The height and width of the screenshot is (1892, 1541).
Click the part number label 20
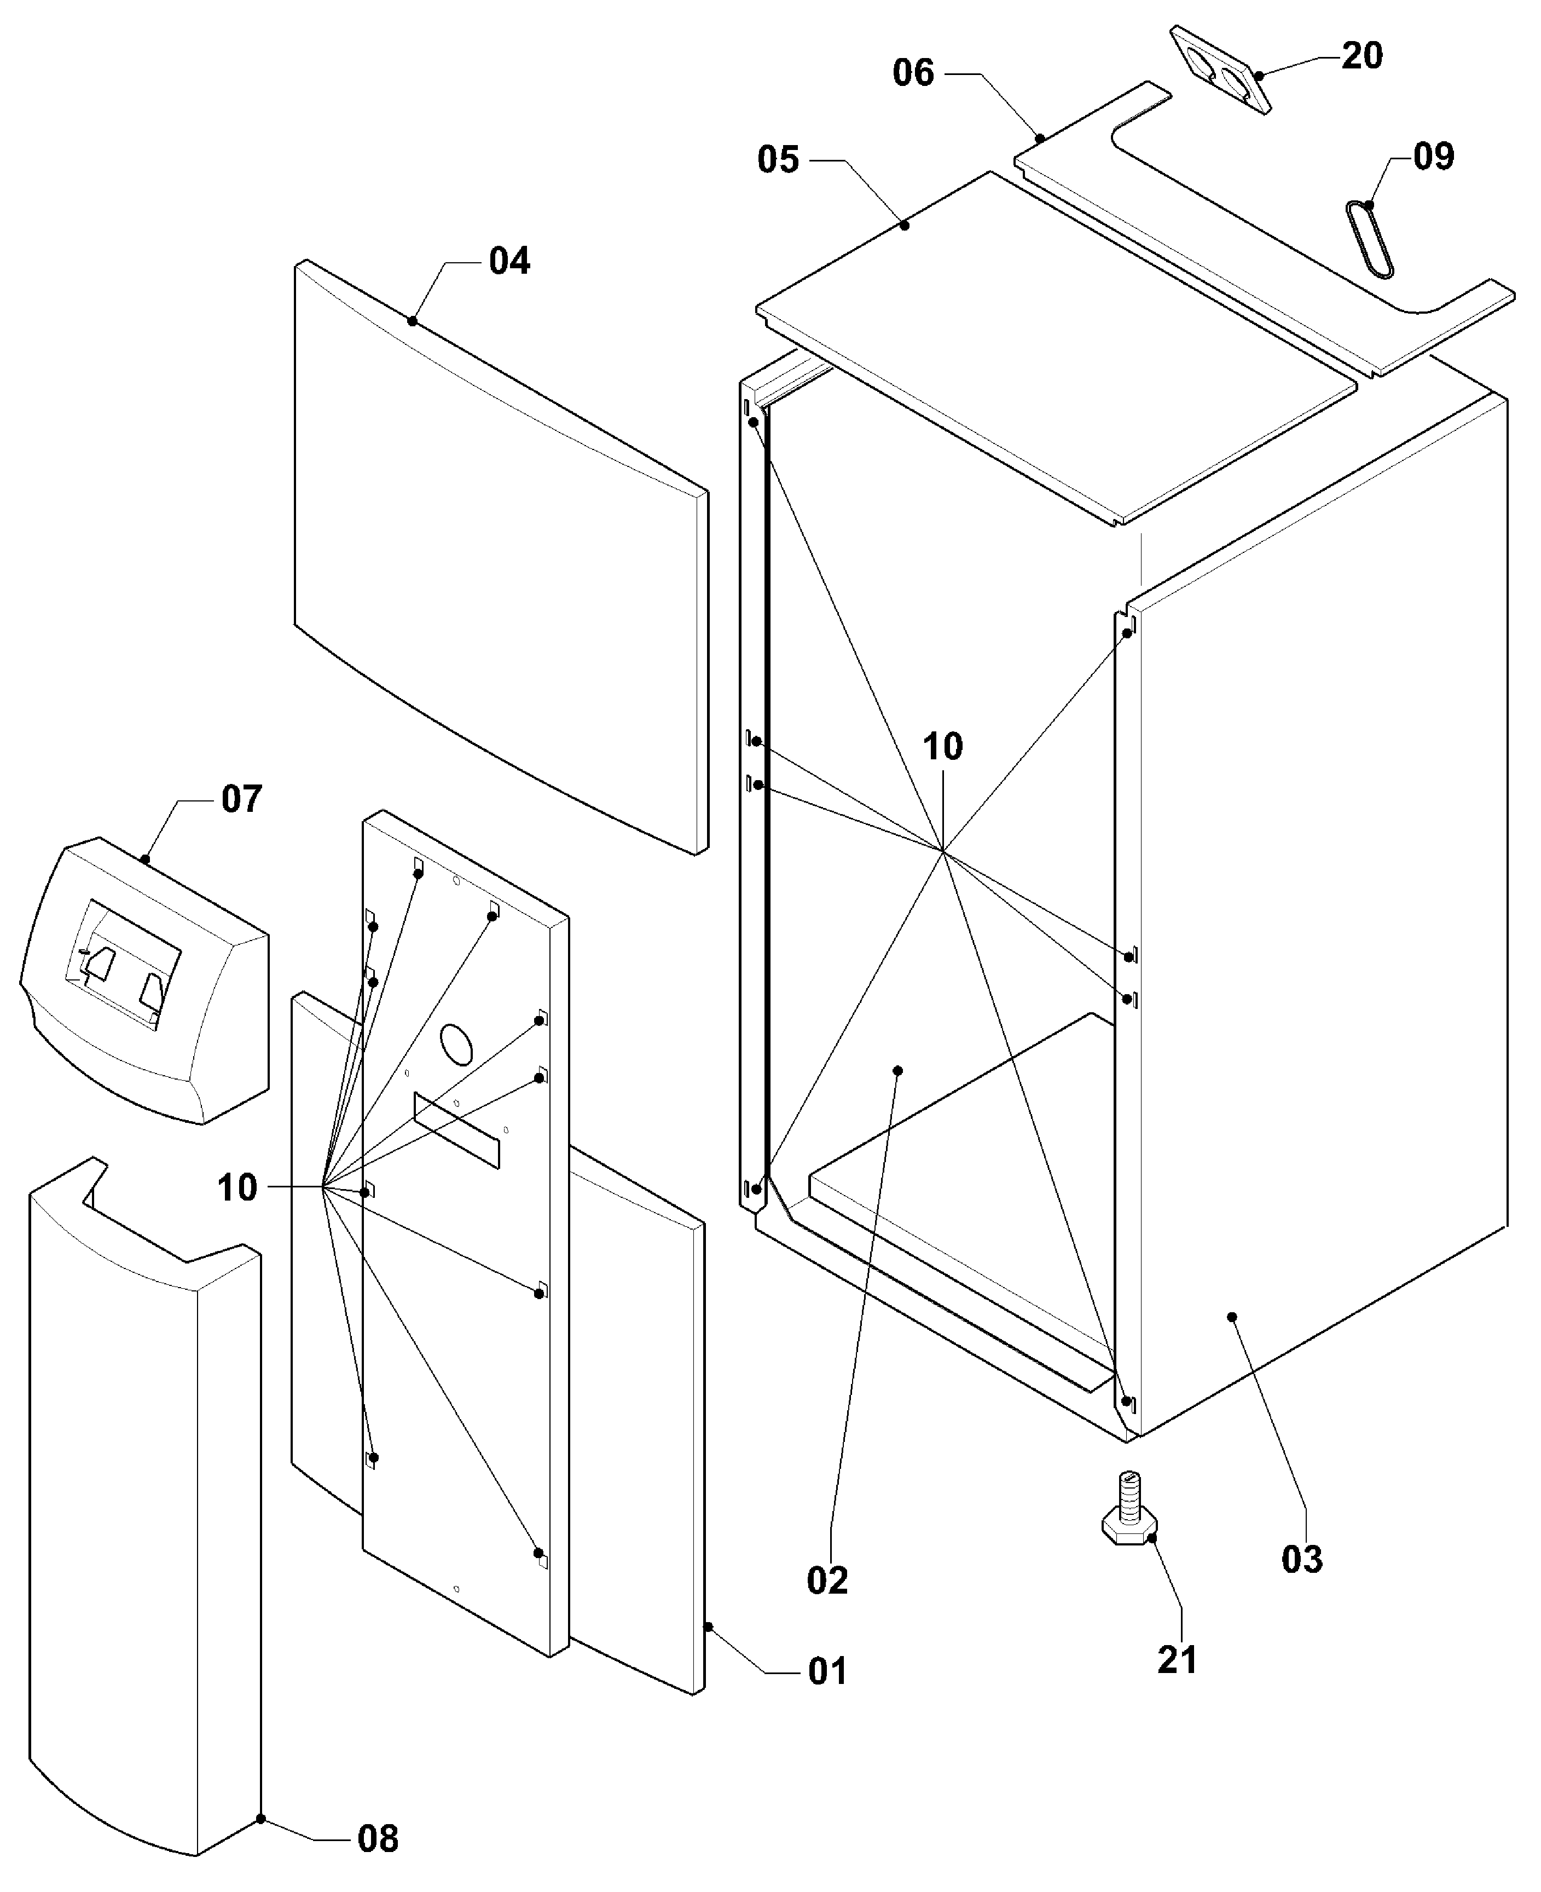point(1362,56)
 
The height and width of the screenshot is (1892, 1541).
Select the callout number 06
point(913,73)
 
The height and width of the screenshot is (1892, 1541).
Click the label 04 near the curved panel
point(509,261)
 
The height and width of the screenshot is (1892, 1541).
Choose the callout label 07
point(241,799)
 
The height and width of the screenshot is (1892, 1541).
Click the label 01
point(827,1672)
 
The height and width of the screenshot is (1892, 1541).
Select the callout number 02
point(827,1580)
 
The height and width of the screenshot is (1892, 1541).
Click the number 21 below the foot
point(1178,1659)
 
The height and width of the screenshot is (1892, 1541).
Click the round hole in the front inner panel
point(458,1044)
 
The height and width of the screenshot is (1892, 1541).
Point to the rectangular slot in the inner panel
point(456,1130)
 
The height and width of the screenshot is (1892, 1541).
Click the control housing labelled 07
point(144,980)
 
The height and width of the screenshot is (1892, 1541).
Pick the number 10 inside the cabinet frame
point(943,747)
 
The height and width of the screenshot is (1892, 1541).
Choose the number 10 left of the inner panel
point(237,1187)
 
